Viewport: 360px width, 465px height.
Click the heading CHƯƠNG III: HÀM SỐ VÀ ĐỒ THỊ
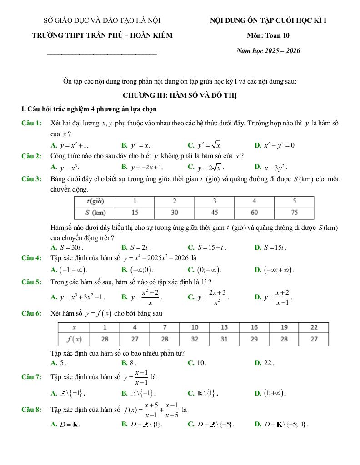180,95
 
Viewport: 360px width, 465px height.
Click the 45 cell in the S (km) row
215,213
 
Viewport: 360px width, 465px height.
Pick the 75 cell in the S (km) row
294,213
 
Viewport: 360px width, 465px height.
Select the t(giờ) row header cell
95,201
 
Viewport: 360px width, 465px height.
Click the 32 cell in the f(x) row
195,339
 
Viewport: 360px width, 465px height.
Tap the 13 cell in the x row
224,327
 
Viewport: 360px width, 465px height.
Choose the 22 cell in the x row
314,327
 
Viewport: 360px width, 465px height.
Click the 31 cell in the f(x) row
224,339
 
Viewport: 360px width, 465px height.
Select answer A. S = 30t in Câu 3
68,247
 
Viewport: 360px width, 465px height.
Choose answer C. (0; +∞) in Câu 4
205,270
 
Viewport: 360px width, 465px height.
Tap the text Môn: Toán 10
268,35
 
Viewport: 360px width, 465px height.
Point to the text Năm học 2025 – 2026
268,51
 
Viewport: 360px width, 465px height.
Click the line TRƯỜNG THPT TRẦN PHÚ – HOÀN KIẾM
102,35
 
